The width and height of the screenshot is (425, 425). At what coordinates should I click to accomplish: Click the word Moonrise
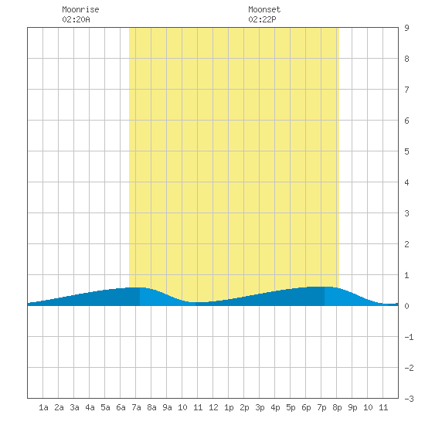click(x=80, y=9)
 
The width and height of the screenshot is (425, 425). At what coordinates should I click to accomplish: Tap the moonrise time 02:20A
click(x=76, y=19)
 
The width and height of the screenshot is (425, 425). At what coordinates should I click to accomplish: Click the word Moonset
click(x=264, y=9)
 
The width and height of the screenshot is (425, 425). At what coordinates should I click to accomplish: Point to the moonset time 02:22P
click(x=262, y=19)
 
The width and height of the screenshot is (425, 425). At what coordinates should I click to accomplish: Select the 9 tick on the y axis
click(x=406, y=28)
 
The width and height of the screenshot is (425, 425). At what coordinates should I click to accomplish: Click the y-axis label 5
click(x=406, y=151)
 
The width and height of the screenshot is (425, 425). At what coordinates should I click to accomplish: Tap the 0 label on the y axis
click(x=406, y=306)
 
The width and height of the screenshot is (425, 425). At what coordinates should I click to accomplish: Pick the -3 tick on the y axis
click(x=409, y=399)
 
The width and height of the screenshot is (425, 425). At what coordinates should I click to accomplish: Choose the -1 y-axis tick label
click(x=409, y=337)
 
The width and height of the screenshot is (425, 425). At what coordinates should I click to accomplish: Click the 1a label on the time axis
click(x=43, y=407)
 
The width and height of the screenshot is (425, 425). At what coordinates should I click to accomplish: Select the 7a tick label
click(x=136, y=407)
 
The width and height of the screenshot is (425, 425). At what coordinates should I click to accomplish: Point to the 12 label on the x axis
click(x=213, y=407)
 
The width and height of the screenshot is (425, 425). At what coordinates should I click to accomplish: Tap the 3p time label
click(x=260, y=407)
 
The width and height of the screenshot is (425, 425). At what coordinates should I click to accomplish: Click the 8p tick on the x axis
click(x=337, y=407)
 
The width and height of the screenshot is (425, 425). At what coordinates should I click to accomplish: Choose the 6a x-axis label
click(x=121, y=407)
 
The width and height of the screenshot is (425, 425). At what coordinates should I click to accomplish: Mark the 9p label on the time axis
click(x=352, y=407)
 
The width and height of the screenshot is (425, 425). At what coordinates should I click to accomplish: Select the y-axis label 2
click(x=406, y=244)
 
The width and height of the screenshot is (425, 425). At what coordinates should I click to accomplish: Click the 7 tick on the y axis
click(x=406, y=90)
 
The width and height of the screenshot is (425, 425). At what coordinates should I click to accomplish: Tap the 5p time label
click(x=291, y=407)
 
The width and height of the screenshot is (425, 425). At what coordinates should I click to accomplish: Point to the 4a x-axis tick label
click(x=90, y=407)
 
